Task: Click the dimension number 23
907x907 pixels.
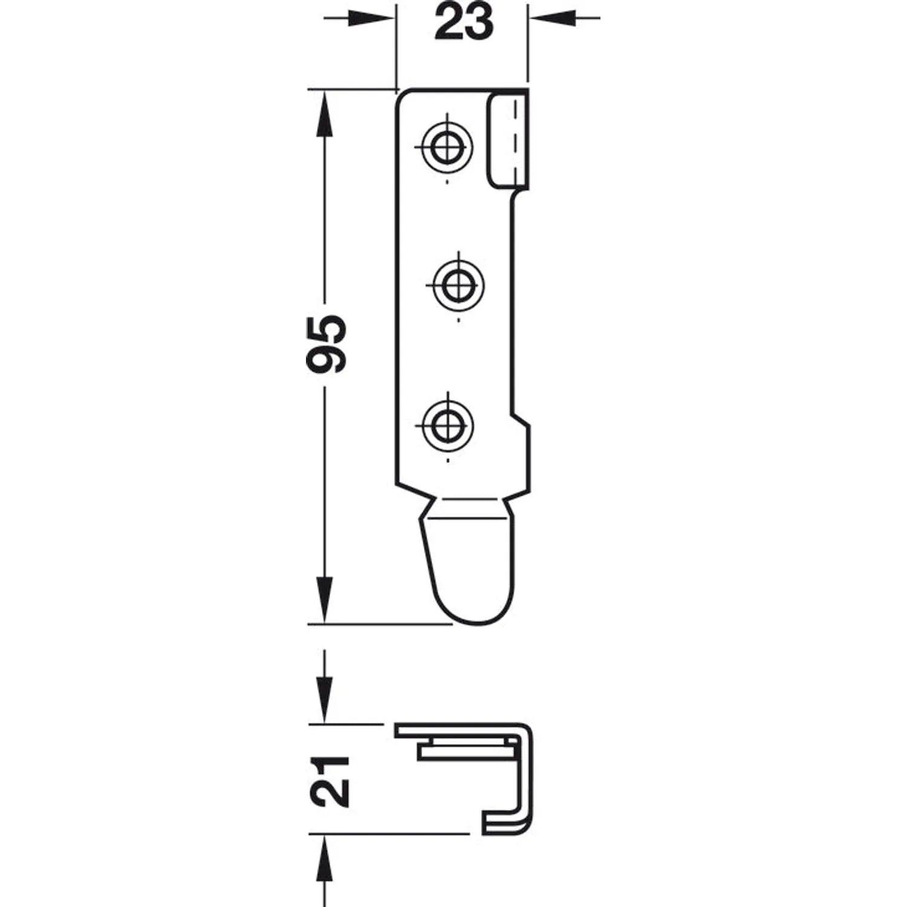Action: click(464, 22)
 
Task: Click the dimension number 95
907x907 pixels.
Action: click(327, 343)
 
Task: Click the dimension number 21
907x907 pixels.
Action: click(331, 781)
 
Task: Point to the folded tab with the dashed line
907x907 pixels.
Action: click(509, 138)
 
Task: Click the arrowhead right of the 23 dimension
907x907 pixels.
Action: click(551, 18)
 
